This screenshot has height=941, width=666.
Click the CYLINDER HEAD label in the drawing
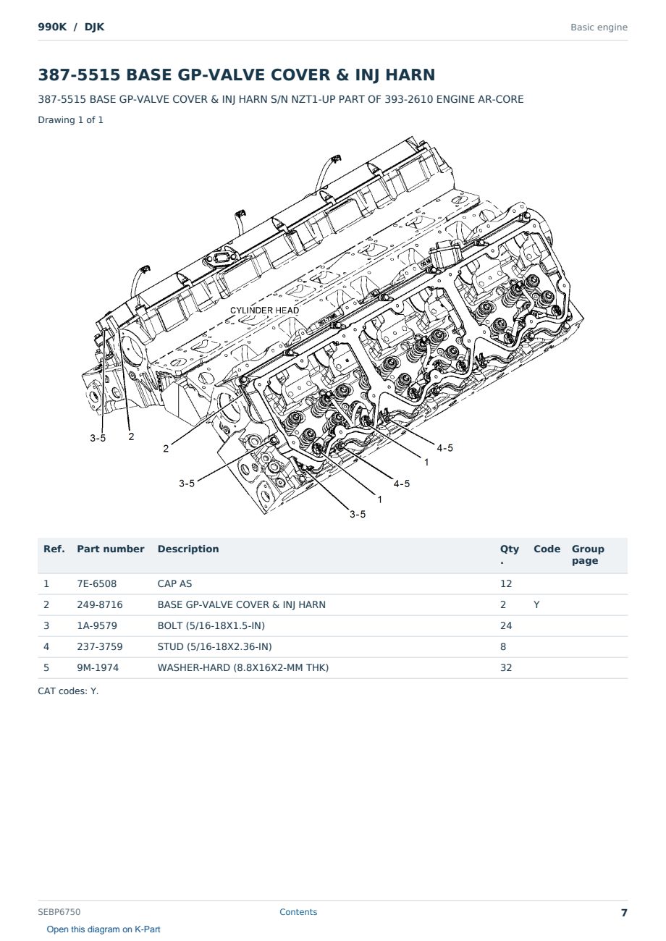tap(264, 310)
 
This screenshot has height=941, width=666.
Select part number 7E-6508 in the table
tap(97, 583)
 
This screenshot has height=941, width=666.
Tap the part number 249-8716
tap(100, 604)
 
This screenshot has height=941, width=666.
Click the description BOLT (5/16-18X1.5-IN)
tap(211, 625)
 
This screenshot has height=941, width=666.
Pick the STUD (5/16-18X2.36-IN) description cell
tap(214, 646)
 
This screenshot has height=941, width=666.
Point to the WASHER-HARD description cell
tap(243, 667)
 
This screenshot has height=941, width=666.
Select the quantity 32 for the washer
tap(506, 667)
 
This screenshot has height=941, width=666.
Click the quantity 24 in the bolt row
tap(506, 625)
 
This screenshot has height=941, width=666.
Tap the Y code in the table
tap(536, 604)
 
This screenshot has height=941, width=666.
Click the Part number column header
tap(111, 549)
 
